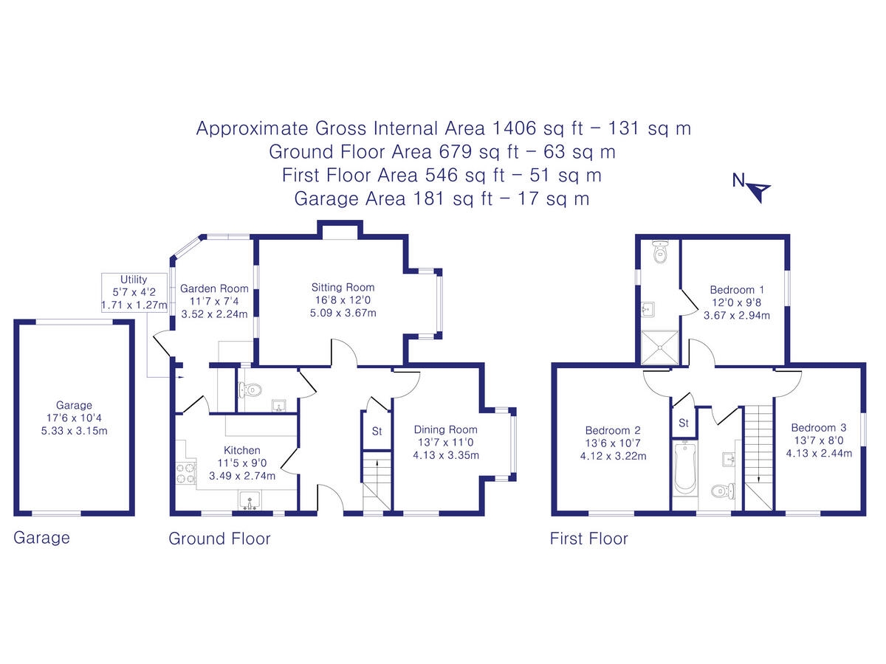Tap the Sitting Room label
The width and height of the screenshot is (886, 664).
343,287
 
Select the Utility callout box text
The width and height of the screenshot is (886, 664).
134,292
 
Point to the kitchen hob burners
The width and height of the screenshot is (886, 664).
185,473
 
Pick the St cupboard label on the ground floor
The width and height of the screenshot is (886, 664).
377,431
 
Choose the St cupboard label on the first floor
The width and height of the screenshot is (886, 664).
684,423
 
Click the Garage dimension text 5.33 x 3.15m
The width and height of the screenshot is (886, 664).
74,432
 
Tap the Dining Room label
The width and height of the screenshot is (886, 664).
445,429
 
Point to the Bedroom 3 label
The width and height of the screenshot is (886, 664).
818,427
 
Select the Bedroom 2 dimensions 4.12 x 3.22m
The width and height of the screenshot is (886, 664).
614,456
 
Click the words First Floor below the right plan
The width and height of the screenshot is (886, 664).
588,539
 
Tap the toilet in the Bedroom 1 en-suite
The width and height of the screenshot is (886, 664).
661,253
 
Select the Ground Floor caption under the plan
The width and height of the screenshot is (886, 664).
219,539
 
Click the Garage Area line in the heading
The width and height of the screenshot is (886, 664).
442,198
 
